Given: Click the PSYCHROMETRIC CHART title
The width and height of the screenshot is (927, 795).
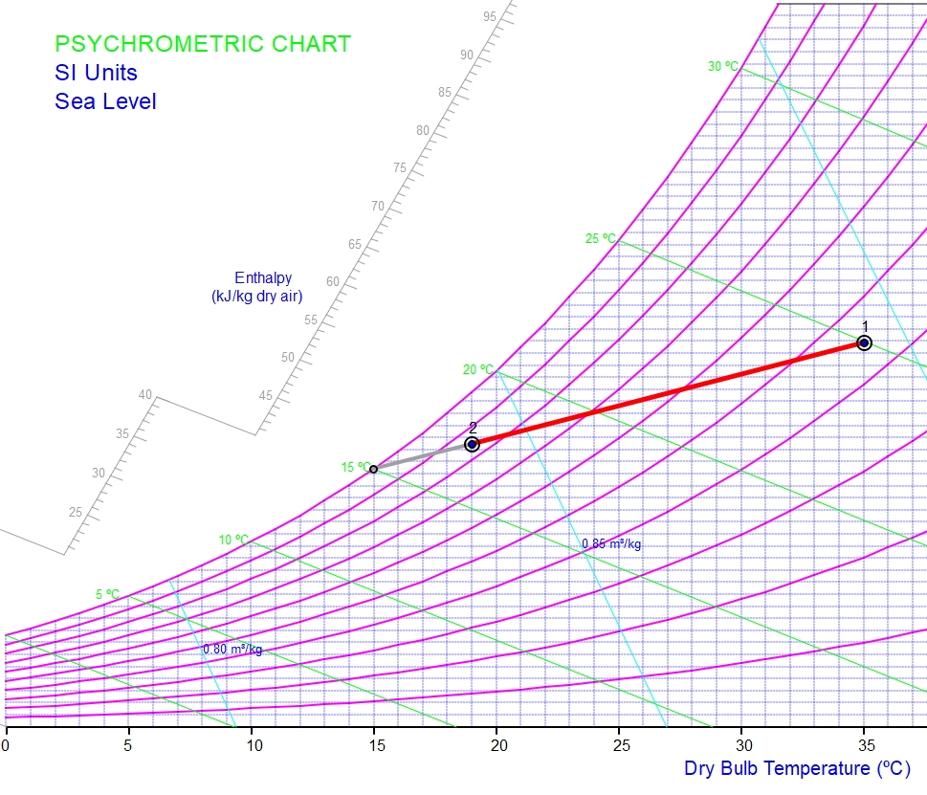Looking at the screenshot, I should (x=203, y=44).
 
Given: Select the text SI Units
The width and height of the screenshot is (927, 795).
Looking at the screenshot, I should (x=96, y=73).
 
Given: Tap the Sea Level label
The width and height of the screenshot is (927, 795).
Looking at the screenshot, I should (x=105, y=101).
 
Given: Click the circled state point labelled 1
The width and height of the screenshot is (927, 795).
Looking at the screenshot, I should (x=864, y=342).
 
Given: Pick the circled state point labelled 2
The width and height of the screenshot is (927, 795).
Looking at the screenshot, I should (x=472, y=444).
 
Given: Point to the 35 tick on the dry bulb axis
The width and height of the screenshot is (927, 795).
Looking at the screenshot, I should (x=864, y=743).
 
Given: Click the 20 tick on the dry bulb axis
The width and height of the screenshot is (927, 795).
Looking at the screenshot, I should (x=497, y=743).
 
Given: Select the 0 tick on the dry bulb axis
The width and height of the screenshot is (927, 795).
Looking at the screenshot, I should (x=7, y=743).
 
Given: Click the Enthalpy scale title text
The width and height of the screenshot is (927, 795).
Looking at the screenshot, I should (x=257, y=287).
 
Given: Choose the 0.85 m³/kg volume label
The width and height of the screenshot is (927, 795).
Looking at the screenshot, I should (x=611, y=544).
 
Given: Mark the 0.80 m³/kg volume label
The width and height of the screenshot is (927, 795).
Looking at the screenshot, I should (x=232, y=650).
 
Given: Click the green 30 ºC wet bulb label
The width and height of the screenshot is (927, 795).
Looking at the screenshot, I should (x=723, y=67).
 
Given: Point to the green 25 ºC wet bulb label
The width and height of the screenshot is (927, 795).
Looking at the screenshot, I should (x=601, y=238).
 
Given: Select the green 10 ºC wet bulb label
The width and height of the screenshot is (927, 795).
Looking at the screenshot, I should (x=233, y=540).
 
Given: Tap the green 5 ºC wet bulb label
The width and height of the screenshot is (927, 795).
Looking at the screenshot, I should (x=107, y=595).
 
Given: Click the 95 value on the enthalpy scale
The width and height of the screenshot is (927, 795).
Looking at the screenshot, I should (x=490, y=16).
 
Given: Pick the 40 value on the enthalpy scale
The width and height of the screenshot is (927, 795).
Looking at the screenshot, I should (x=145, y=395).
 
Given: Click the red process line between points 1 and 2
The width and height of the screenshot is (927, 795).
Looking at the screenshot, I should (x=670, y=392).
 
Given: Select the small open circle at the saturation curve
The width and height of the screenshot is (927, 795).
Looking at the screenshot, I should (x=373, y=469).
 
